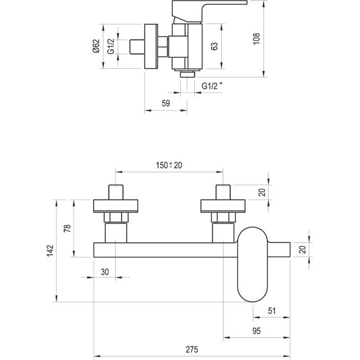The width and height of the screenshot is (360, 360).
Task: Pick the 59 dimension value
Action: [165, 104]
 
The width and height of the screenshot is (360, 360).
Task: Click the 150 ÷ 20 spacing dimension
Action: [169, 165]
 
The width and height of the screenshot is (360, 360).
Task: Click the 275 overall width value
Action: [192, 349]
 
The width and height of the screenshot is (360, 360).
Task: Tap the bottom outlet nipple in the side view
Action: [186, 74]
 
